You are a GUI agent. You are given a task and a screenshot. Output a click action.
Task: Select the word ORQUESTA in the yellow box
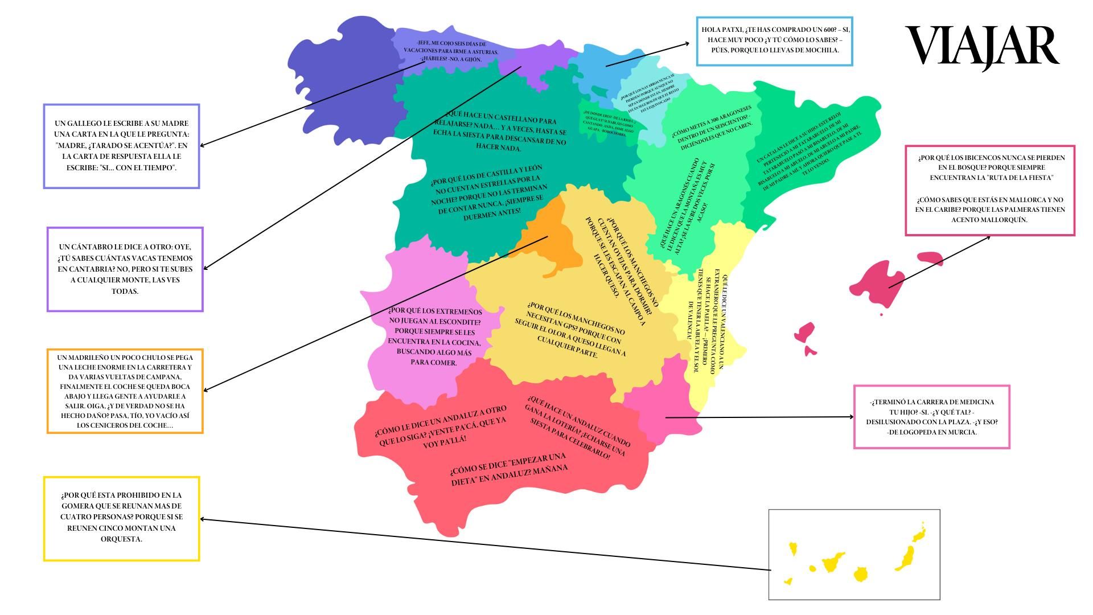(x=121, y=539)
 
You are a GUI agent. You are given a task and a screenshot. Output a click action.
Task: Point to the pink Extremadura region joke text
(x=434, y=337)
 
